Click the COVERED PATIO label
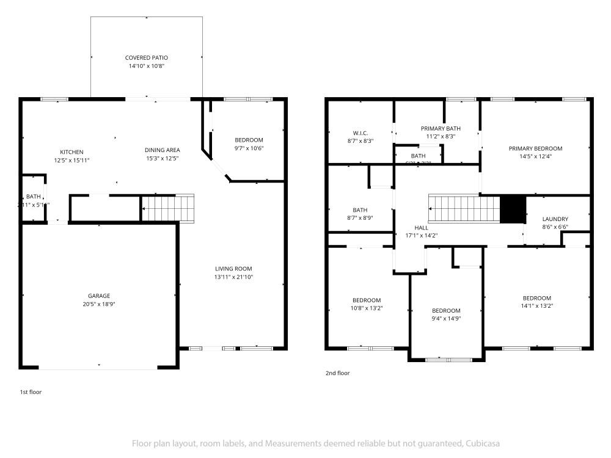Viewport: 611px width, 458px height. [x=146, y=57]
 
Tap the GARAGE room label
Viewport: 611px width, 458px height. [x=99, y=296]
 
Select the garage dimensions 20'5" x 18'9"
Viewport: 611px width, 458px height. [x=99, y=304]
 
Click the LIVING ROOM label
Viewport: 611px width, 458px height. [x=233, y=269]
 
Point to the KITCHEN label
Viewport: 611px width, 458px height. [x=71, y=152]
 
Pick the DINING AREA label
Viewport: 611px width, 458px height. [x=162, y=150]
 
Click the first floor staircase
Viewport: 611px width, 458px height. [x=168, y=208]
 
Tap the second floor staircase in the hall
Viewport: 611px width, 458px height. [x=464, y=209]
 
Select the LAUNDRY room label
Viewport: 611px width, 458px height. [x=555, y=219]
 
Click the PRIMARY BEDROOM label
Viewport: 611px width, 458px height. [x=535, y=148]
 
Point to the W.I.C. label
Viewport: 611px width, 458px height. [x=360, y=133]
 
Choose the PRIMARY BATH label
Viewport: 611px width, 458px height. [x=441, y=129]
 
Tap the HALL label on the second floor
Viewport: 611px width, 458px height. [x=421, y=228]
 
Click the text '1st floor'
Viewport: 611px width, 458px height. [x=31, y=392]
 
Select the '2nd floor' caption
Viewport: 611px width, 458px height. [x=338, y=373]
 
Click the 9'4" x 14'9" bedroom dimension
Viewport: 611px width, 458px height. [x=446, y=318]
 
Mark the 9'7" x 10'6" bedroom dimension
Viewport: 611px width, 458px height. [x=248, y=148]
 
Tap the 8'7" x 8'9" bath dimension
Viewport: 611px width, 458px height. [x=360, y=218]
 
